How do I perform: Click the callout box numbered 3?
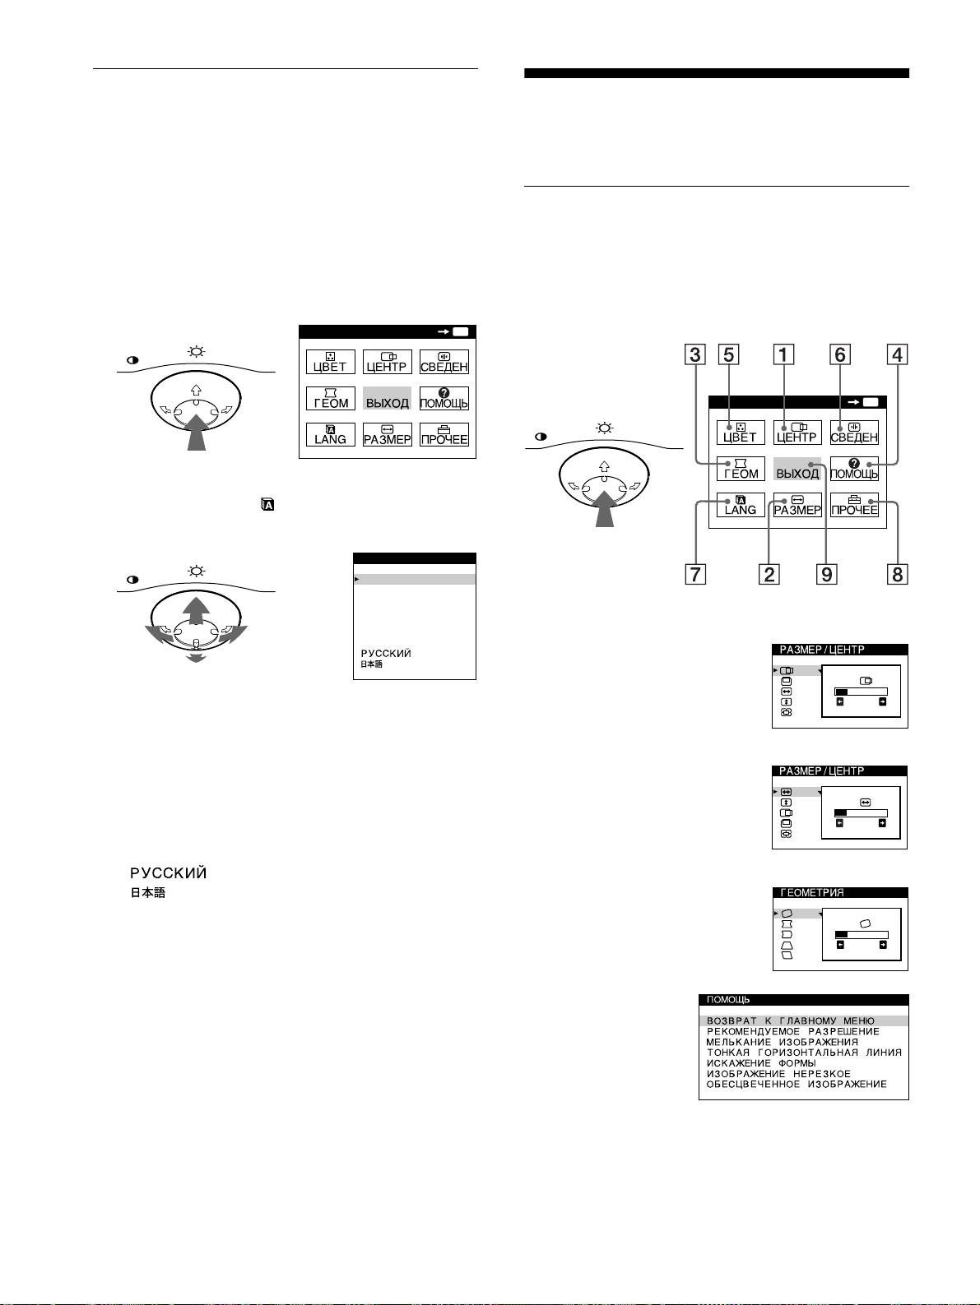[x=696, y=355]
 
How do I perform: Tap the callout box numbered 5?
[x=728, y=355]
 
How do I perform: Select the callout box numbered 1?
[x=784, y=355]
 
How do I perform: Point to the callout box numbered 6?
[x=839, y=355]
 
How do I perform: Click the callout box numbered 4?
[x=898, y=355]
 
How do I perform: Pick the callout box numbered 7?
[x=696, y=574]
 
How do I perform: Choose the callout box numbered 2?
[x=769, y=574]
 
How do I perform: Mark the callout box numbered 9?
[x=826, y=574]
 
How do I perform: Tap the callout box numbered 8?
[x=898, y=574]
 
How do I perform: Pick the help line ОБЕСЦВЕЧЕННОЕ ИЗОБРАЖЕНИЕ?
[x=797, y=1085]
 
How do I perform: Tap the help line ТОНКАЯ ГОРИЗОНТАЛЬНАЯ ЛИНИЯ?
[x=804, y=1053]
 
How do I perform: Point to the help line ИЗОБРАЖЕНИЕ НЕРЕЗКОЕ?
[x=778, y=1074]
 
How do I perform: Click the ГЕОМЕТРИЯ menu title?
[x=812, y=892]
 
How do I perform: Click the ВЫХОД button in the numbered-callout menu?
[x=797, y=473]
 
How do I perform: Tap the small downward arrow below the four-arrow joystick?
[x=196, y=658]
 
